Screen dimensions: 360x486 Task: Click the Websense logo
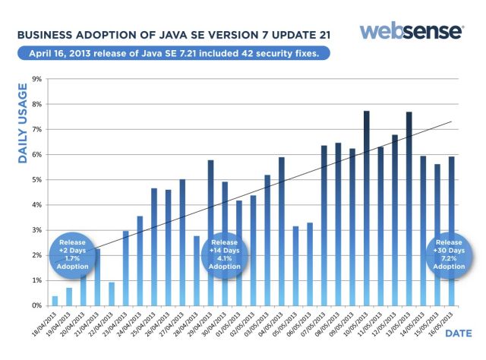411,31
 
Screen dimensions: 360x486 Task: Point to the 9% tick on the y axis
36,78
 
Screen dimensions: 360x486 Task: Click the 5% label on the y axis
36,179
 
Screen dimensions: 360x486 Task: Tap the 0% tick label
36,305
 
